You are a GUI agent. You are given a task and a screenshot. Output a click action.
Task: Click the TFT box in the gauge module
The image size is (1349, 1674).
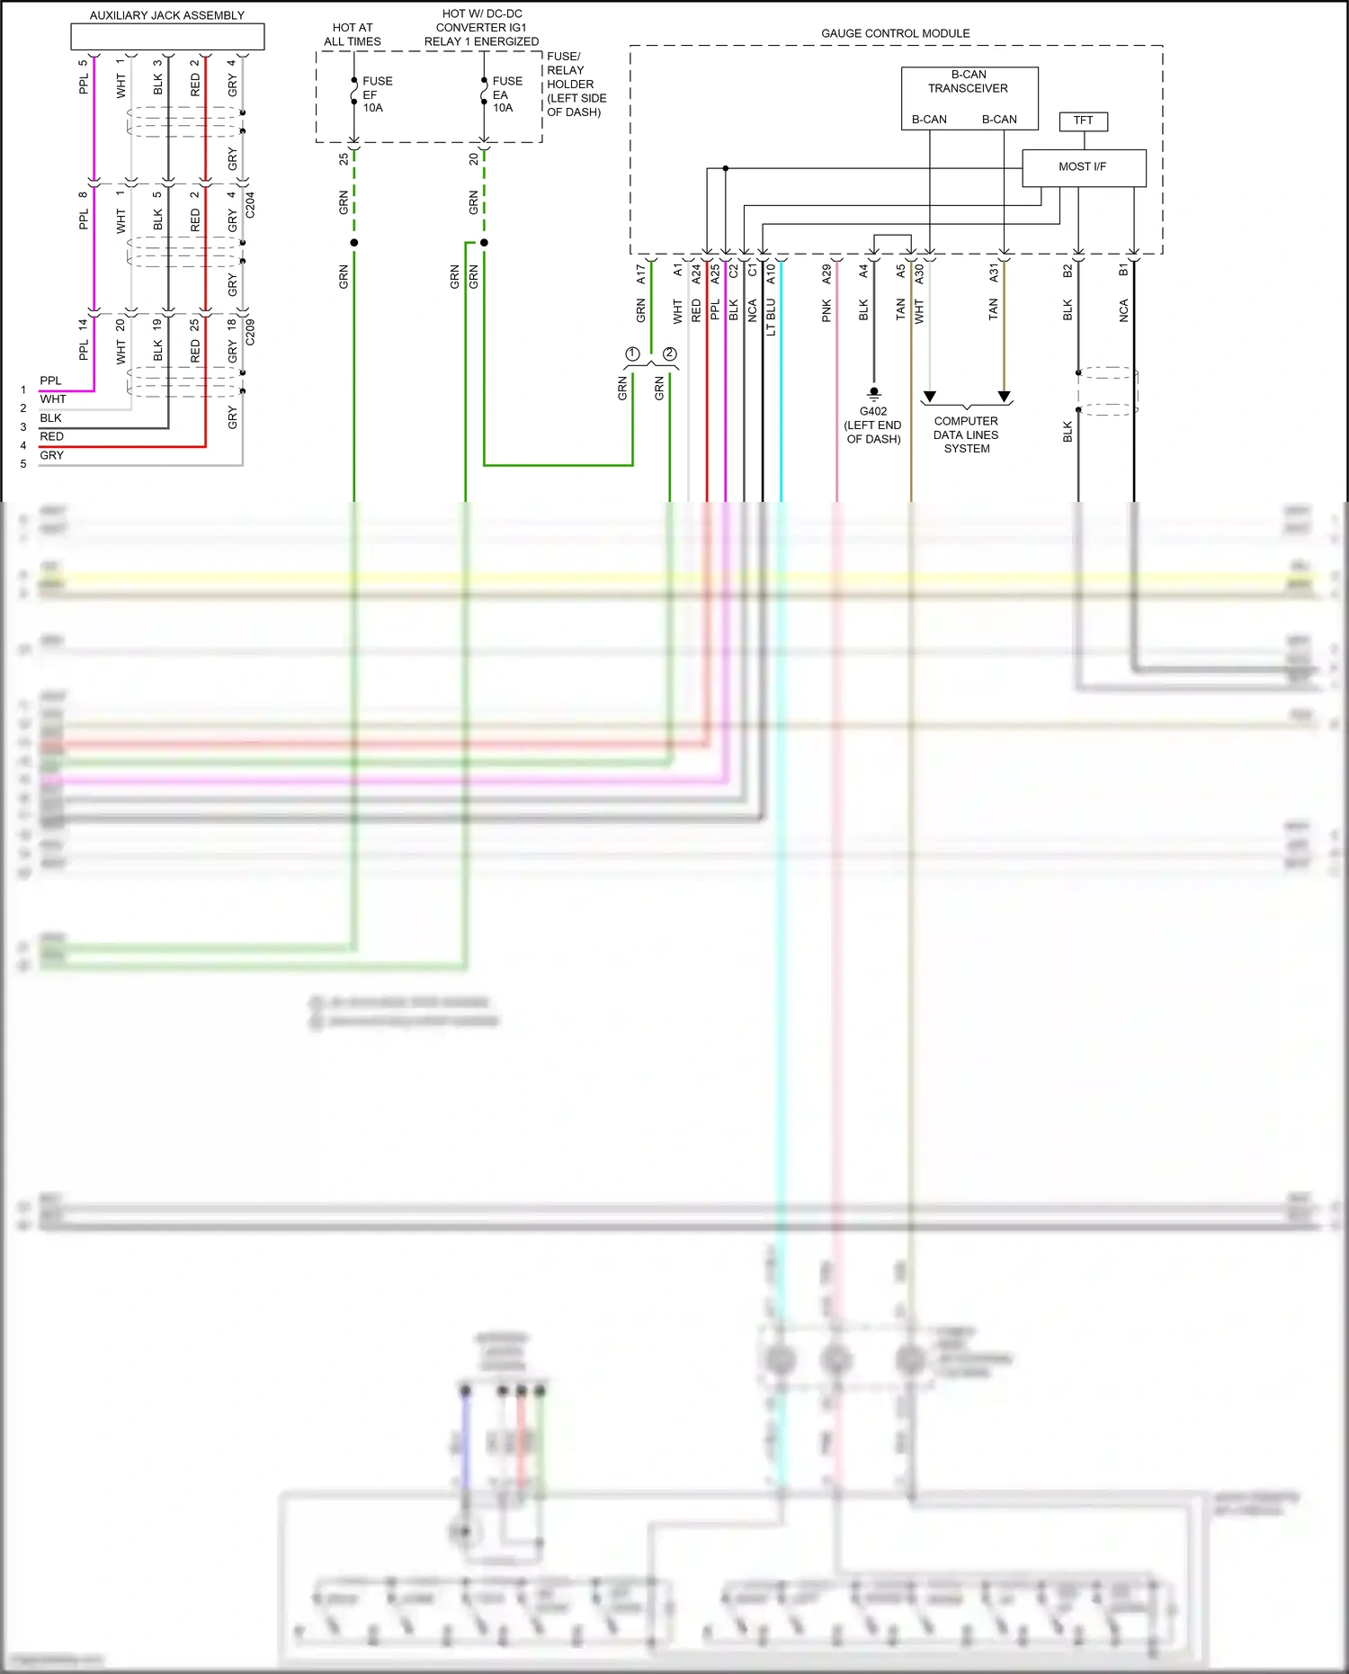[1083, 121]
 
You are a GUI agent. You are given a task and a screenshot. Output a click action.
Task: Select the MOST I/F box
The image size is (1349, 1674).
[1083, 167]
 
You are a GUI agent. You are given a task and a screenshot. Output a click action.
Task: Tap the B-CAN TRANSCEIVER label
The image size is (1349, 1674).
[969, 82]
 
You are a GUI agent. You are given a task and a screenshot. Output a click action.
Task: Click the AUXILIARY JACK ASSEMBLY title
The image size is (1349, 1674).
[167, 15]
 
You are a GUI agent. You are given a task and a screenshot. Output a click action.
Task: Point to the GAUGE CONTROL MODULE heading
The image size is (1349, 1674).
[895, 33]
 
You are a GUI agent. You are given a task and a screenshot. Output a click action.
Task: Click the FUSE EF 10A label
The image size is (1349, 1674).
[376, 94]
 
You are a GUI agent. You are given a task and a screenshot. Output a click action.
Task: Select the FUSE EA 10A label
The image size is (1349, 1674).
[505, 94]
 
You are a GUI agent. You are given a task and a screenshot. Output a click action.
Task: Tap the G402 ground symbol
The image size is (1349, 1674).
[873, 393]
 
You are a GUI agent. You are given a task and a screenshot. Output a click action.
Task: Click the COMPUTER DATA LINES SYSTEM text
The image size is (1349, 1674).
[966, 434]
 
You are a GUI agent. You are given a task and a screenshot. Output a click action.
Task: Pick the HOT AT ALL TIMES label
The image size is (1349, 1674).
[353, 35]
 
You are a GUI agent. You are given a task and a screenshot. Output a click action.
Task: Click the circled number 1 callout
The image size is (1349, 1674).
[633, 354]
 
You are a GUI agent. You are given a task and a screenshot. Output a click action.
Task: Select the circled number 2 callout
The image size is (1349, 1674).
[670, 354]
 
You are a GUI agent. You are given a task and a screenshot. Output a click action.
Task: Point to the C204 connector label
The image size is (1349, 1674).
[250, 205]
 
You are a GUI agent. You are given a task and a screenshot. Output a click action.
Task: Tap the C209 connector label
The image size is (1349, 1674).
[250, 332]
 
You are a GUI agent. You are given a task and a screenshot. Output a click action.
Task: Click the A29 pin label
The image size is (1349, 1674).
[826, 274]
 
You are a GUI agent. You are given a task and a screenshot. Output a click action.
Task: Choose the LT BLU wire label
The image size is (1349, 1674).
[771, 318]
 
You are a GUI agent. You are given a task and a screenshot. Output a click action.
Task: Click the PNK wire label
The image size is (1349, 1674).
[826, 311]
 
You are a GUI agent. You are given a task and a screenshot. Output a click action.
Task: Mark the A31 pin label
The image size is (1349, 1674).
[994, 273]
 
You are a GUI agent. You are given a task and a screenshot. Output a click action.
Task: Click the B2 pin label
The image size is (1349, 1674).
[1068, 271]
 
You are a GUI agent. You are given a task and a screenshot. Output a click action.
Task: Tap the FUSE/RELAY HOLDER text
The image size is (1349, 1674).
[576, 84]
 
